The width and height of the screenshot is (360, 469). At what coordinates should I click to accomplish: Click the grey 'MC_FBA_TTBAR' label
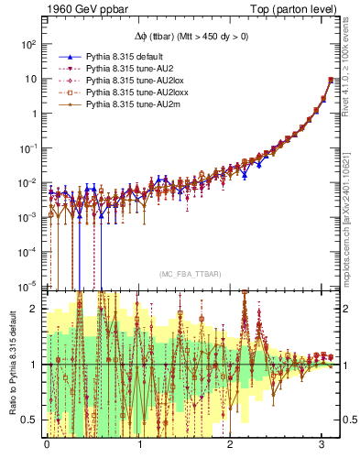tap(188, 274)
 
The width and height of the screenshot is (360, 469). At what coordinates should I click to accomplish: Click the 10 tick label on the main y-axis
tap(29, 79)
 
